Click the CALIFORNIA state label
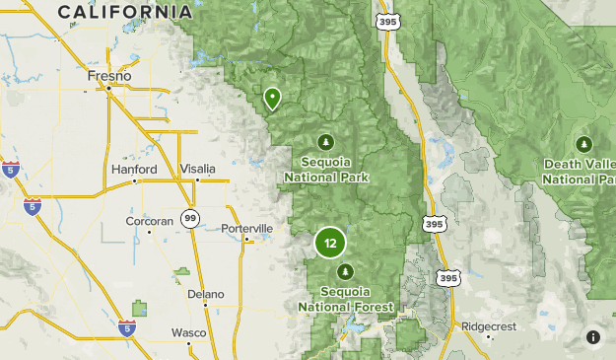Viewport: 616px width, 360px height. click(124, 12)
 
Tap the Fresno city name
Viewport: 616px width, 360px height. click(109, 75)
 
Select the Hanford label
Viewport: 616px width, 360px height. click(134, 170)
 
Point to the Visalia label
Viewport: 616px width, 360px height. click(197, 170)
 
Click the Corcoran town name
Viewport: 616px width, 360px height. click(149, 221)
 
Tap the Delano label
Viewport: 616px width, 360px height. click(206, 294)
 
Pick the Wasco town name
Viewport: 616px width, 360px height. click(189, 332)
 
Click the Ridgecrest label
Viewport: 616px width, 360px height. click(488, 324)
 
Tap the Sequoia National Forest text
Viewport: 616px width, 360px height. click(345, 299)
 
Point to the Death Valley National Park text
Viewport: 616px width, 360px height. click(580, 173)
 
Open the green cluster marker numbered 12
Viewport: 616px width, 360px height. click(330, 243)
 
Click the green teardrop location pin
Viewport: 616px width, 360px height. click(272, 98)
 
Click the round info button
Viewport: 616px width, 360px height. click(593, 337)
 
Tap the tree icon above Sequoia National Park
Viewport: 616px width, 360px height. click(326, 141)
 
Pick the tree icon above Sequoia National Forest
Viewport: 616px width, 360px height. click(345, 270)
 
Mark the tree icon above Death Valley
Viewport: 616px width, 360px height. click(584, 144)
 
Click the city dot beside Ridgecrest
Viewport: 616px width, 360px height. click(488, 336)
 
